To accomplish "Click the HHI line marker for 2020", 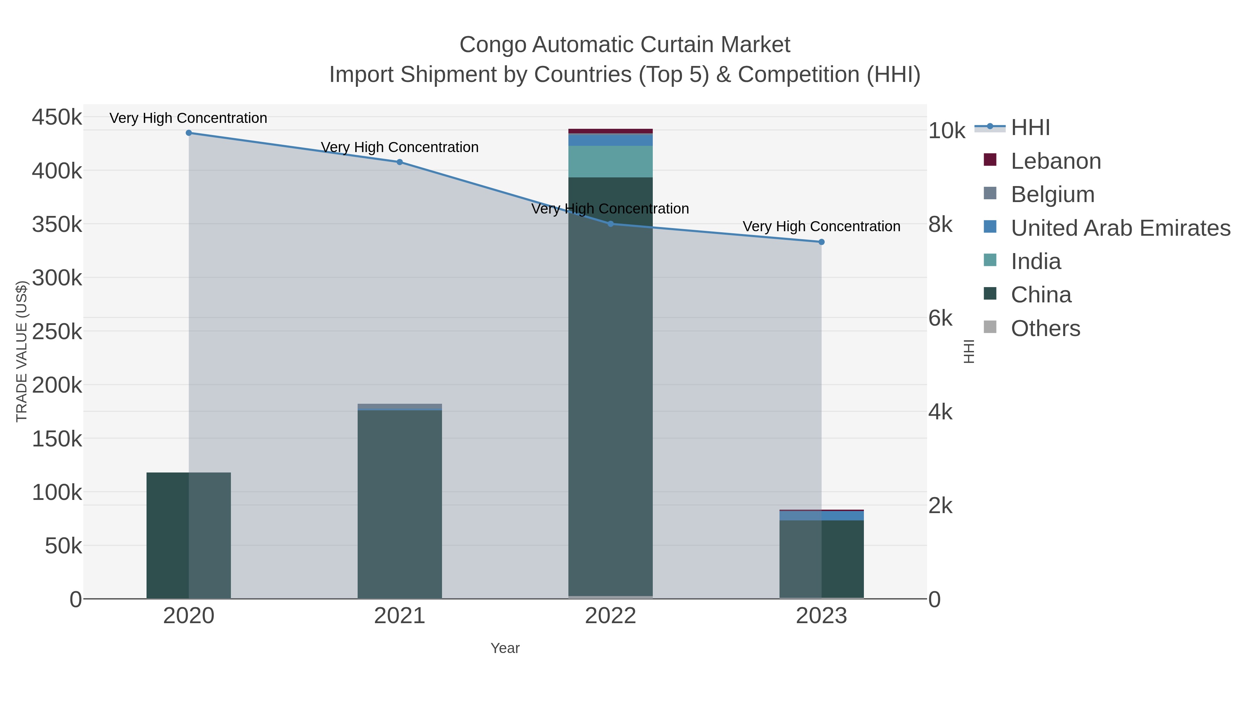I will pyautogui.click(x=189, y=133).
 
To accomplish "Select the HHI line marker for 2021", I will pyautogui.click(x=400, y=162).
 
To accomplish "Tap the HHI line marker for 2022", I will pyautogui.click(x=610, y=224).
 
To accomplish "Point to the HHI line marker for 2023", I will pyautogui.click(x=822, y=242).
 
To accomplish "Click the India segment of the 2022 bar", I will pyautogui.click(x=610, y=161).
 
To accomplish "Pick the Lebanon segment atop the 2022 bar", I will pyautogui.click(x=610, y=131).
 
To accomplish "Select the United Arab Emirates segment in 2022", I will pyautogui.click(x=610, y=140).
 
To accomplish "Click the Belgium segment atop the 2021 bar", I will pyautogui.click(x=400, y=406).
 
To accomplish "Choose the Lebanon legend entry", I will pyautogui.click(x=1056, y=161).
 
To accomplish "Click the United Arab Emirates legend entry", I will pyautogui.click(x=1120, y=228).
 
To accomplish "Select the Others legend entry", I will pyautogui.click(x=1045, y=328).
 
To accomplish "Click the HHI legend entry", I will pyautogui.click(x=1030, y=128).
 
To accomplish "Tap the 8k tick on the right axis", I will pyautogui.click(x=940, y=225).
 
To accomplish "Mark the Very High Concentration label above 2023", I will pyautogui.click(x=822, y=227).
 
